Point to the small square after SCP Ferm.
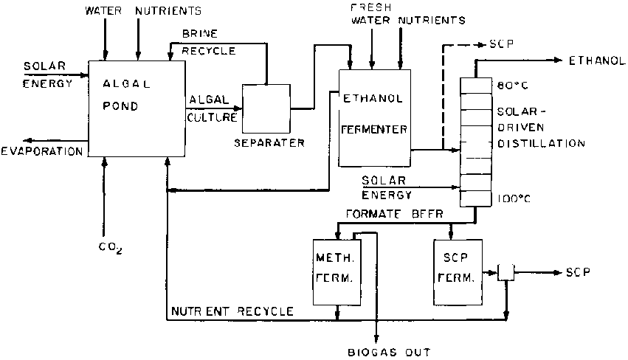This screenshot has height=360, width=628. coord(506,272)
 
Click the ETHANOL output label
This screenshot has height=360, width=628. coord(598,60)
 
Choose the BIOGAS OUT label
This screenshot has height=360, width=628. coord(388,352)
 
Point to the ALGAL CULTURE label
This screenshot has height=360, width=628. coord(213,108)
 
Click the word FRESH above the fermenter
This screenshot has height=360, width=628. coord(371,7)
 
